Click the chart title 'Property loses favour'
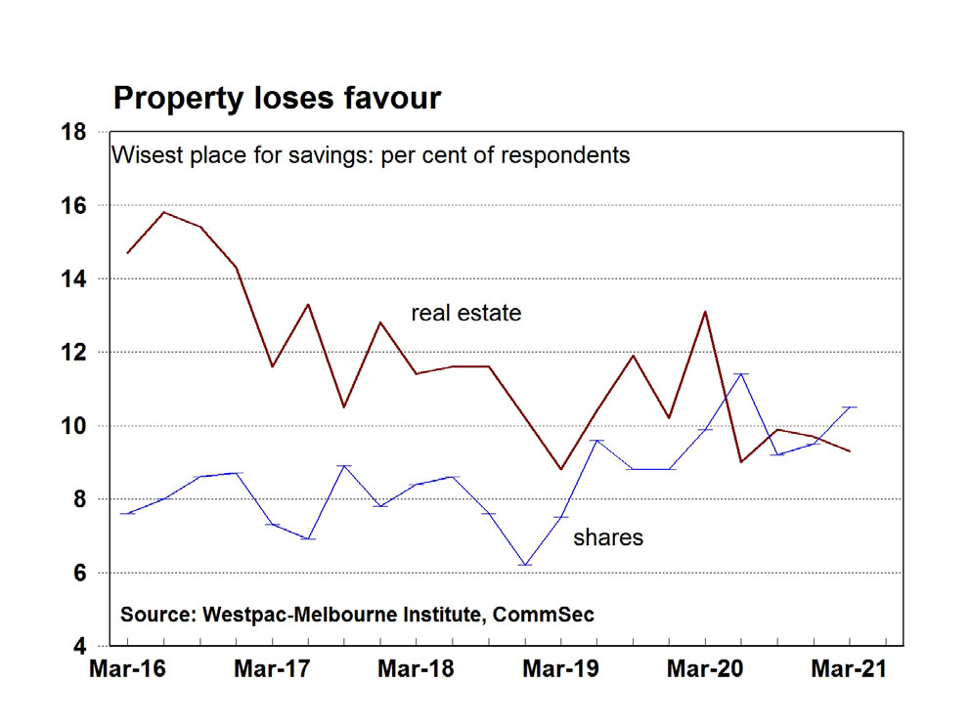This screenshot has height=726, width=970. (x=277, y=98)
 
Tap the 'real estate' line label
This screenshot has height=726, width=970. (x=465, y=314)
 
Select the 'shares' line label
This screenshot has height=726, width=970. (x=607, y=536)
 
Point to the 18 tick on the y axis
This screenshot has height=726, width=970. (x=86, y=132)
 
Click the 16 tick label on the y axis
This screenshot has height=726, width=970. (x=86, y=206)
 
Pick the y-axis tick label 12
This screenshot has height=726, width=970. (x=86, y=353)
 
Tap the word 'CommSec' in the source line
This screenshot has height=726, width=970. (x=544, y=615)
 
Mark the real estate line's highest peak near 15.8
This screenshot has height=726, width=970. (x=163, y=212)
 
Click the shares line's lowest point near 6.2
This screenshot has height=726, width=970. (x=525, y=565)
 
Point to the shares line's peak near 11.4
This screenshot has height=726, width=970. (x=741, y=374)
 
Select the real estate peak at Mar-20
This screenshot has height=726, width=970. (x=705, y=312)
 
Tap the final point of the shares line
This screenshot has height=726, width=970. (x=850, y=406)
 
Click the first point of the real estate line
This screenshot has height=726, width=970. (x=128, y=253)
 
